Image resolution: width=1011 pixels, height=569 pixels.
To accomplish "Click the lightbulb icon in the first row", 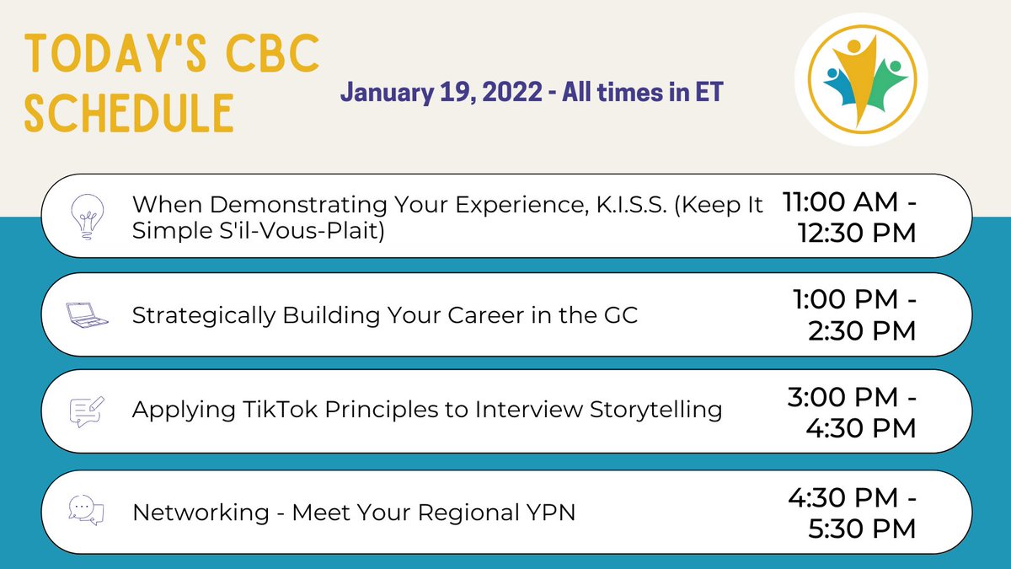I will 86,217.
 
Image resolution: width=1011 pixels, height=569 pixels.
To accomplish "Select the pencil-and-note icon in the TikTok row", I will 86,411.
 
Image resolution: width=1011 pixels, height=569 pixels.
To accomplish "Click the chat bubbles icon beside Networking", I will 86,510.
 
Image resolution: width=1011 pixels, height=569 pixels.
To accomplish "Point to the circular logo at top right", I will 860,81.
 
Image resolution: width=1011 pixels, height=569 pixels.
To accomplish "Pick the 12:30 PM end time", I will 856,233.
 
